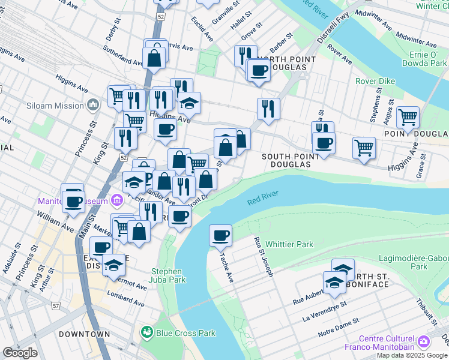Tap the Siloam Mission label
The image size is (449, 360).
[55, 106]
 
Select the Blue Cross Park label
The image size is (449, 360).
[177, 331]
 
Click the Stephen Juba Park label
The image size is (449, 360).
[166, 275]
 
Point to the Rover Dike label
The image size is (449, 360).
[374, 81]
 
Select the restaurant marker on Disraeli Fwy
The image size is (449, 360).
[268, 109]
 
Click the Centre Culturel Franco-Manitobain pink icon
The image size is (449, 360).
[425, 341]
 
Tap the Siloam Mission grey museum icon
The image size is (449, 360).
[92, 106]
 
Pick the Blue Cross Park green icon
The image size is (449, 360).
[145, 331]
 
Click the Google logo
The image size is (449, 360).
[20, 353]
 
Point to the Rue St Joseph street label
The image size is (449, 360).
[265, 256]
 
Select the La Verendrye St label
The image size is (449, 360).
[324, 312]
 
